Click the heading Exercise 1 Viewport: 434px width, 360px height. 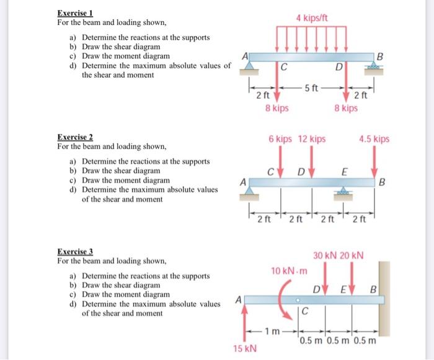coord(74,13)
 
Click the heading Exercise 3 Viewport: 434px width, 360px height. coord(74,251)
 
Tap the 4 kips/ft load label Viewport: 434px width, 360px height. coord(312,19)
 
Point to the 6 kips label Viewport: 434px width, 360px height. coord(280,139)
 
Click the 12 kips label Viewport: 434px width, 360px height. coord(312,139)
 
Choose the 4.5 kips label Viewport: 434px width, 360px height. coord(374,139)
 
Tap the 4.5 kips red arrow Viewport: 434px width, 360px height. coord(374,163)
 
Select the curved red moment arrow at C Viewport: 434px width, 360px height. coord(287,298)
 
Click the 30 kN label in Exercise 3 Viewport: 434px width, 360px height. coord(325,256)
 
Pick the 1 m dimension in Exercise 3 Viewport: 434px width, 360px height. coord(271,330)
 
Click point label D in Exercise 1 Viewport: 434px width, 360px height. coord(339,67)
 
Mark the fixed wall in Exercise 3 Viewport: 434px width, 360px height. coord(384,298)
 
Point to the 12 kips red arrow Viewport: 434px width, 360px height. coord(312,163)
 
